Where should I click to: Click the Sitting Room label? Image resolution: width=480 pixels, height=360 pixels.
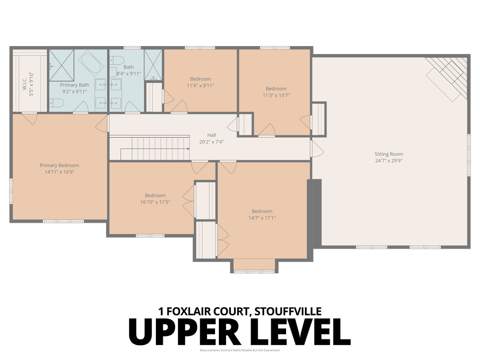[388, 154]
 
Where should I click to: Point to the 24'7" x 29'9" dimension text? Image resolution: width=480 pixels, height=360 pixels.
[388, 161]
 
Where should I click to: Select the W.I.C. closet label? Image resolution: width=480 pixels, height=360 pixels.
[24, 84]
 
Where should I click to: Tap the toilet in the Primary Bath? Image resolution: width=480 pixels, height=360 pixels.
[56, 103]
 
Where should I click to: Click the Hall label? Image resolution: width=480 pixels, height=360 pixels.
[212, 135]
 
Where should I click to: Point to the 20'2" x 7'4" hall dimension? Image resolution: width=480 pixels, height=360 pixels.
[212, 142]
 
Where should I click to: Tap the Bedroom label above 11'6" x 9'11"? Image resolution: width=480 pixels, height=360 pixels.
[200, 79]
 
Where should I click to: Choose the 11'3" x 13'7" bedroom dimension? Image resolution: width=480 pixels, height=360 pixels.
[276, 95]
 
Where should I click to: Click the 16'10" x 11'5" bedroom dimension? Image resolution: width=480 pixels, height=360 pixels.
[155, 202]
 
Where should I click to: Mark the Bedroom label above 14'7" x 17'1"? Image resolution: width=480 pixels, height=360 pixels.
[262, 211]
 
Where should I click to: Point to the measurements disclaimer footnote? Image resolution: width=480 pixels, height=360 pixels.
[240, 350]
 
